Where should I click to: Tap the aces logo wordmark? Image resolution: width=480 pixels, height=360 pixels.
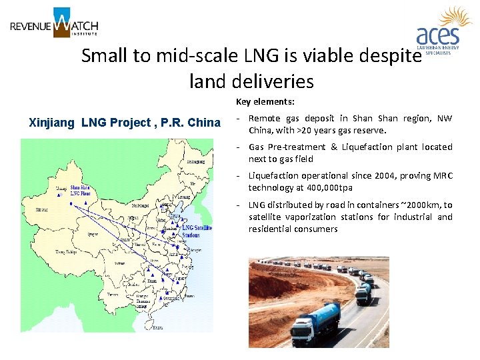(x=437, y=35)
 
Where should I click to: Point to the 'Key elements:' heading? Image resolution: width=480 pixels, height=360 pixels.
(x=265, y=102)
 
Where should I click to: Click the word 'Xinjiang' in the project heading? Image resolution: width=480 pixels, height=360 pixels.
(x=53, y=123)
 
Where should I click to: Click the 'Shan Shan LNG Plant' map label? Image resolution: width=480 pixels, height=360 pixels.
(x=79, y=191)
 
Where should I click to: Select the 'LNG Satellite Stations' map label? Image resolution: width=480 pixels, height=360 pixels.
(x=196, y=231)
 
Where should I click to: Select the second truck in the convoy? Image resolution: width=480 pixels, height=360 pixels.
(x=364, y=293)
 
